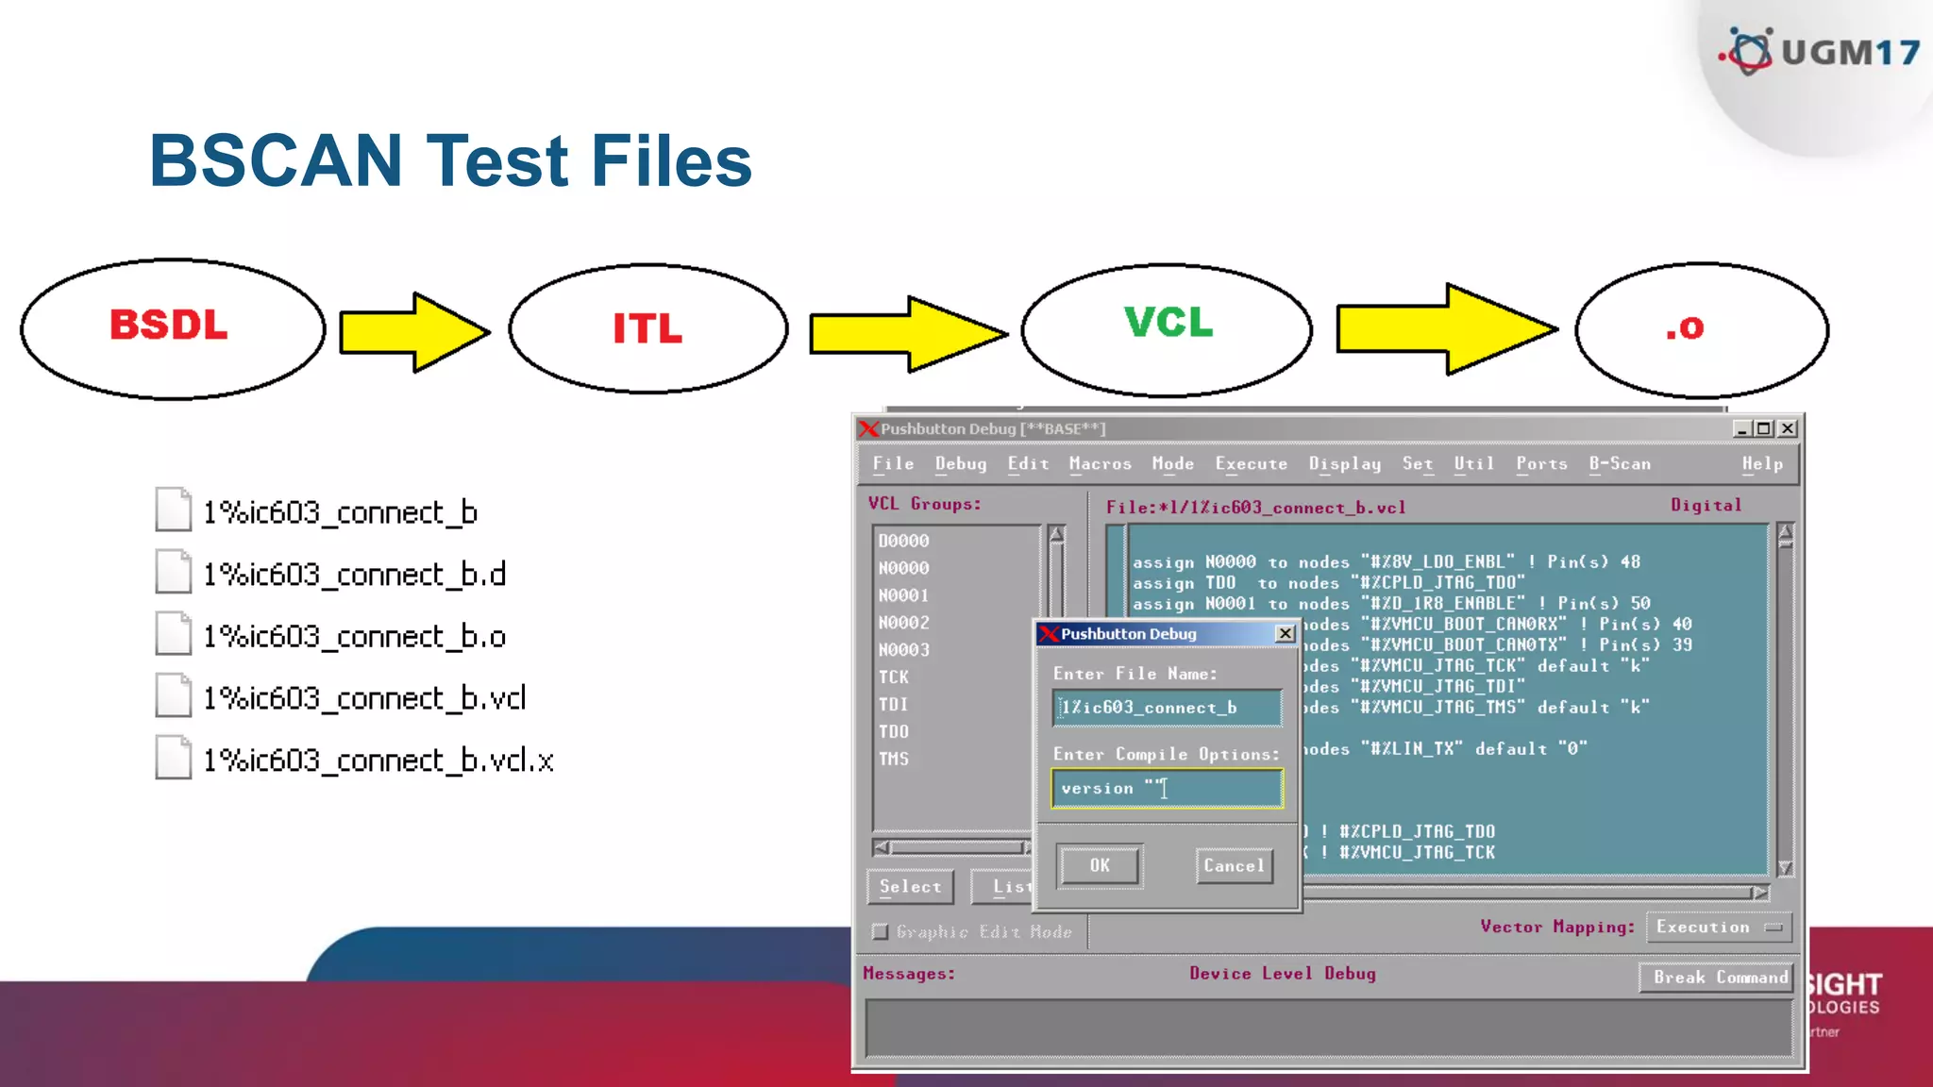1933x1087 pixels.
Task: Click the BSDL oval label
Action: tap(169, 326)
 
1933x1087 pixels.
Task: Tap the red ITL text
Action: tap(647, 328)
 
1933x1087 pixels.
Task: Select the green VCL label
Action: tap(1168, 323)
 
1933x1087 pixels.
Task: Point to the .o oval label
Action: tap(1685, 328)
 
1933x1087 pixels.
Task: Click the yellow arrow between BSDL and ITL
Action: tap(413, 332)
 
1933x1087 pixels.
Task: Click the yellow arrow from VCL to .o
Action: tap(1445, 329)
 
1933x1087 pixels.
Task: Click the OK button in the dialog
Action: tap(1100, 865)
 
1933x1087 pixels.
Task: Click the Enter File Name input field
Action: tap(1167, 708)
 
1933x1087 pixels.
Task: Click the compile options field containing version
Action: tap(1167, 789)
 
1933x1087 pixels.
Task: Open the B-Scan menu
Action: tap(1620, 464)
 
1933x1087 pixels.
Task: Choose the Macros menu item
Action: tap(1100, 464)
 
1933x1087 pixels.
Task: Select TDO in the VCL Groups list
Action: tap(894, 732)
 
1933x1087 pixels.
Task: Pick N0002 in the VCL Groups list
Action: tap(904, 623)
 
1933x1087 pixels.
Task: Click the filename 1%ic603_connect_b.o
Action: tap(355, 637)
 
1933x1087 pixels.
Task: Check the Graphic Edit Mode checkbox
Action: tap(881, 932)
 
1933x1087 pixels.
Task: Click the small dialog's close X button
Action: tap(1285, 634)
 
